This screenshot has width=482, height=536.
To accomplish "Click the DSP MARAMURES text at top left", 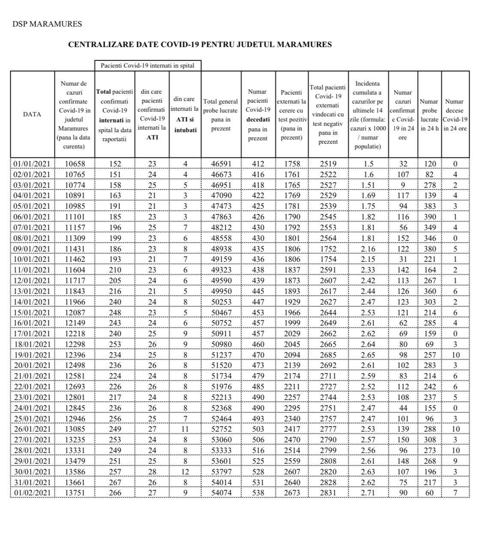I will (47, 24).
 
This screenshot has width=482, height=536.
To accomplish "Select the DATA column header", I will (32, 114).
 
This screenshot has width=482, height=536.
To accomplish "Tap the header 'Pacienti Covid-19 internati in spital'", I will (147, 65).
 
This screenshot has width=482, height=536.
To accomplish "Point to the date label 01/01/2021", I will (32, 164).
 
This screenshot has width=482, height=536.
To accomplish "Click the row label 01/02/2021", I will (32, 493).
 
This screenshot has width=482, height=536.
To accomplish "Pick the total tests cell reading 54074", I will (221, 493).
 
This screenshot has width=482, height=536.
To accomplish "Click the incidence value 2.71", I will (368, 493).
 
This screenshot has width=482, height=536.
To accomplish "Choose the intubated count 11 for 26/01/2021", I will (185, 429).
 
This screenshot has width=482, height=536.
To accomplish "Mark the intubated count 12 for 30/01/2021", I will (185, 472).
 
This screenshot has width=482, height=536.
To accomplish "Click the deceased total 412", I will (258, 164).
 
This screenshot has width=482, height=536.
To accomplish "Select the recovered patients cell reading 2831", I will (328, 493).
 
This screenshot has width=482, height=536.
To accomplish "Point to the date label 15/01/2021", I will (32, 312).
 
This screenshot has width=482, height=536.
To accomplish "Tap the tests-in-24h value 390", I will (430, 217).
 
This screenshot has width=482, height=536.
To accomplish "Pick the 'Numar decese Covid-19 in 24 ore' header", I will (455, 115).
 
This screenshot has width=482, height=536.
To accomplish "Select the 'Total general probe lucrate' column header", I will (221, 115).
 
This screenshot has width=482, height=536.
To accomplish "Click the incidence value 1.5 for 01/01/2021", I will (368, 164).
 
